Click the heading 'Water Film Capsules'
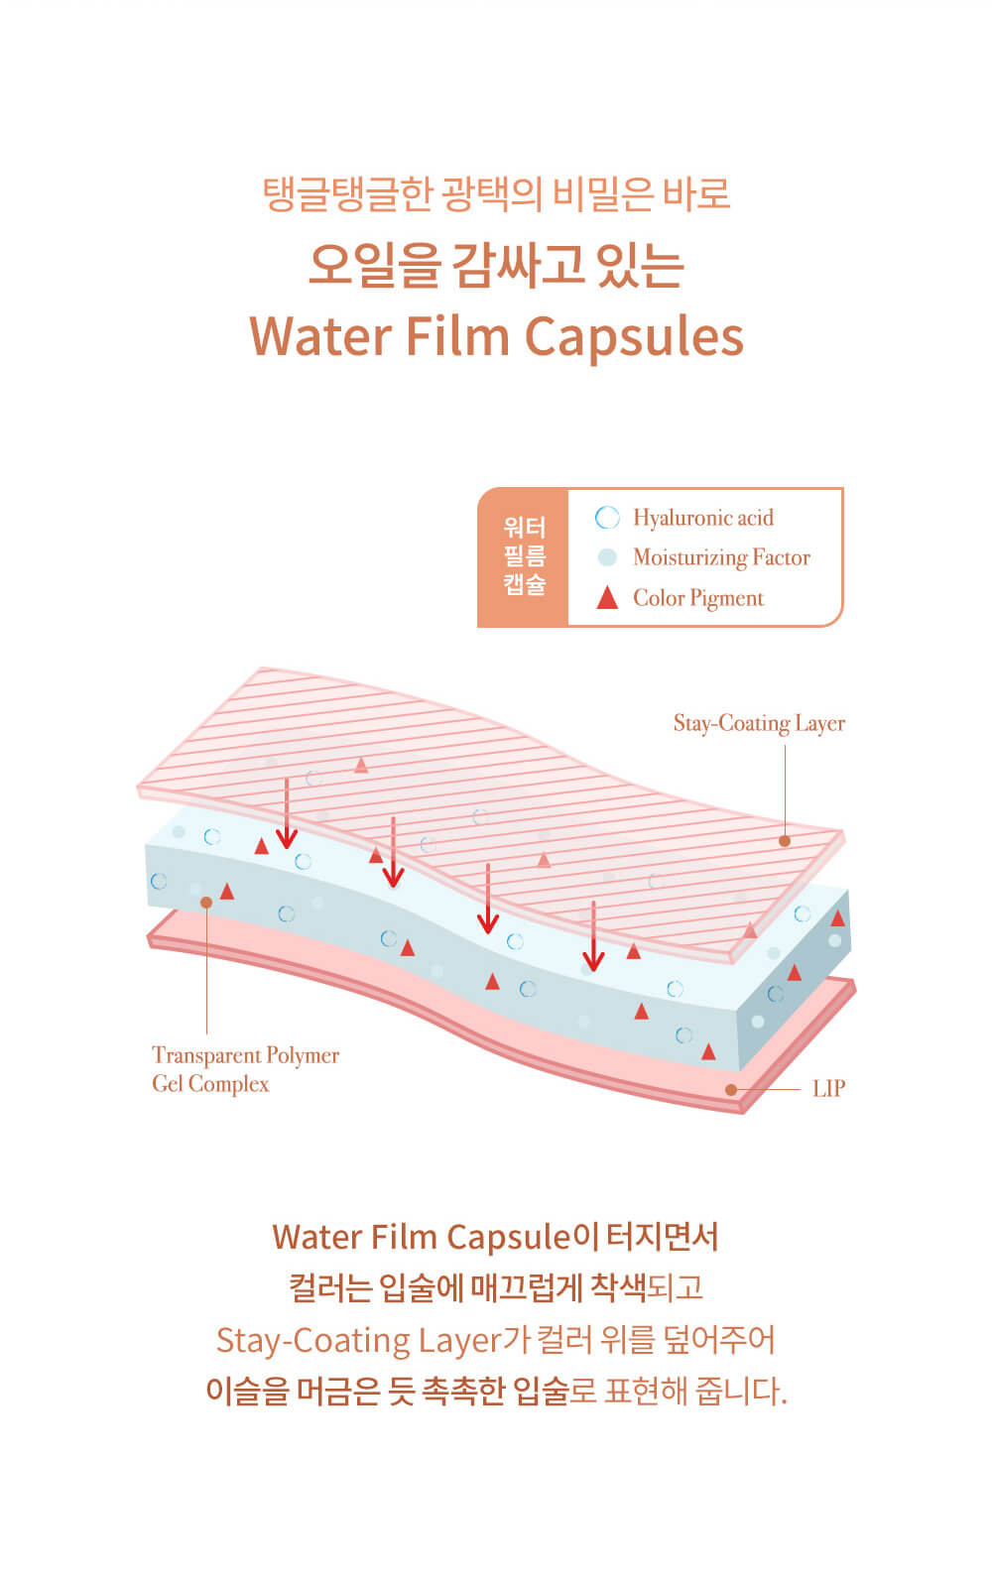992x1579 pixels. coord(496,335)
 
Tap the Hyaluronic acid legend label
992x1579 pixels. coord(702,518)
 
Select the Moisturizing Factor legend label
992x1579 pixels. coord(721,557)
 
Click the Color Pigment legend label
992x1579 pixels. coord(698,598)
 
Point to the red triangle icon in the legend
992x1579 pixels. coord(607,598)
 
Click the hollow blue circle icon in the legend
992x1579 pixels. coord(607,518)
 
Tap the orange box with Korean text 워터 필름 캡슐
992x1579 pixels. coord(523,557)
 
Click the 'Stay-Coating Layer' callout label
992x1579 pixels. coord(759,723)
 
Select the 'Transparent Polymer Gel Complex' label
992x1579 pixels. coord(244,1069)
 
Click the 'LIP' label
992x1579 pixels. coord(828,1088)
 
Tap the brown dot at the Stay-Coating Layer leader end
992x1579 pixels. coord(785,841)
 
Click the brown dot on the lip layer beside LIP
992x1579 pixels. coord(731,1089)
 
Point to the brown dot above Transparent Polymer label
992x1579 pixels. coord(206,903)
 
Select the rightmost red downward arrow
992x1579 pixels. coord(593,936)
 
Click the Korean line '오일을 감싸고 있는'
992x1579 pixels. coord(496,265)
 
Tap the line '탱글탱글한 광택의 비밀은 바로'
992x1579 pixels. coord(496,193)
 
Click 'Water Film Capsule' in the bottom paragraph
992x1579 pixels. coord(422,1237)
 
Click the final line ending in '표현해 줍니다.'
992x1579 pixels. coord(496,1391)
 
